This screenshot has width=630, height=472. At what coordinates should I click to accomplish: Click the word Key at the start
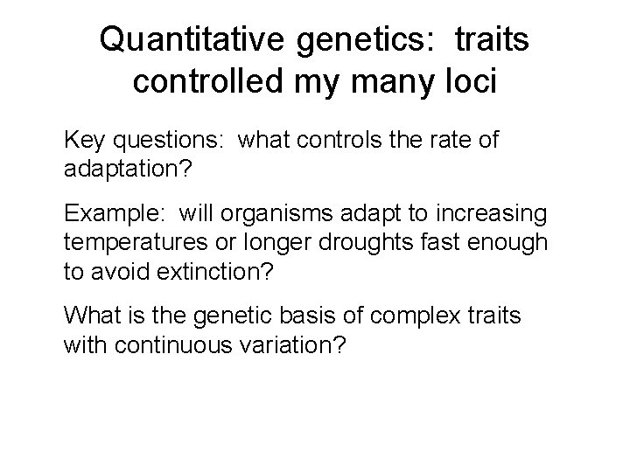pos(83,140)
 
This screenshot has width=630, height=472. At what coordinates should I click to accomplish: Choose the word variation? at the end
pos(292,344)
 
